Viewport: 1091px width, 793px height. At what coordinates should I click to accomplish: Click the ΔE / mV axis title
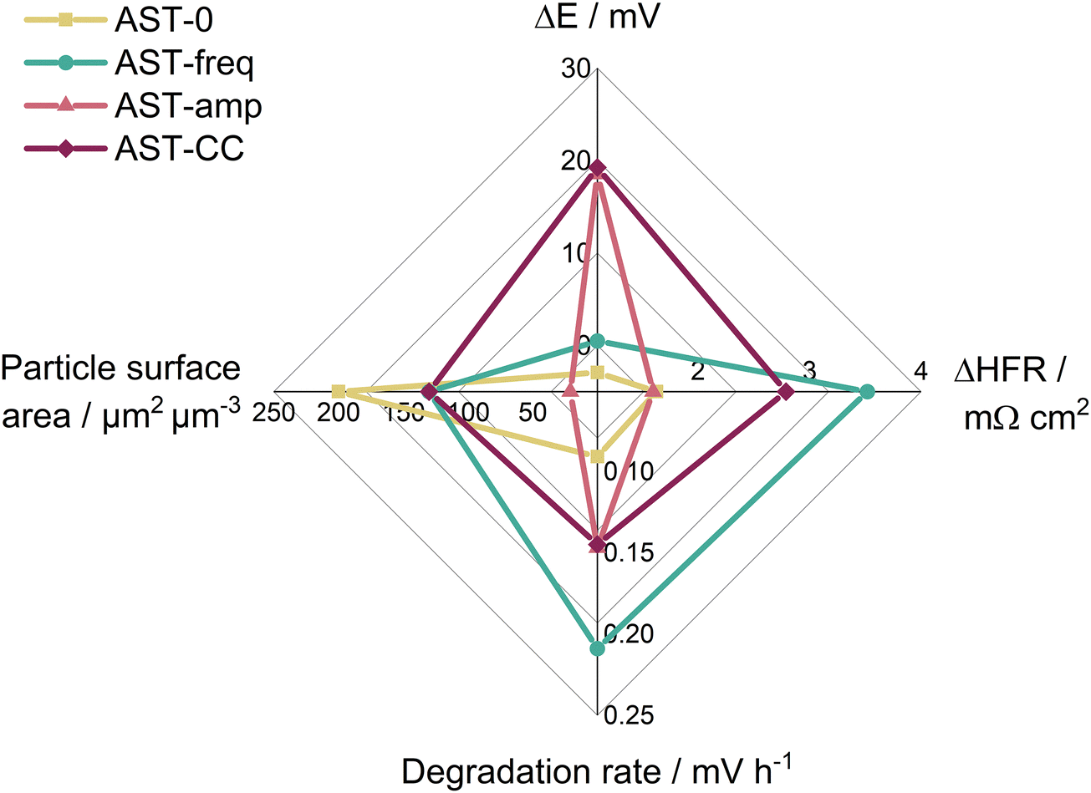coord(597,17)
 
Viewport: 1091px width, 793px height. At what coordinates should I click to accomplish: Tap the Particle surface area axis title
coord(122,391)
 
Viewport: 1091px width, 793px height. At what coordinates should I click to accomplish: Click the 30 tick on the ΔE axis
coord(576,70)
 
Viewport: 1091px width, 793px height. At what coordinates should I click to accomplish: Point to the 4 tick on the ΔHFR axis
coord(920,371)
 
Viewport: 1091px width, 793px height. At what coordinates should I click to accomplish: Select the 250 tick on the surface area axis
coord(278,413)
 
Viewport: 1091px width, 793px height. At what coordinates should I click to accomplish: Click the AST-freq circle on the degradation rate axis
coord(597,648)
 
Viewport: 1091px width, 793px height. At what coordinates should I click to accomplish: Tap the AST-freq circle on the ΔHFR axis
coord(868,391)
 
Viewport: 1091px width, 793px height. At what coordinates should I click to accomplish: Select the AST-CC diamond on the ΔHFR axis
coord(785,391)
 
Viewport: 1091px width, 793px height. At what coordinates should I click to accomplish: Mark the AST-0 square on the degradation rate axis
coord(597,456)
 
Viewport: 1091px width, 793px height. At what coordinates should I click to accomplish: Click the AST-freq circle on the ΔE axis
coord(597,341)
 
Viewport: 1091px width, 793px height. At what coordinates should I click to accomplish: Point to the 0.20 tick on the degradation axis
coord(630,635)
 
